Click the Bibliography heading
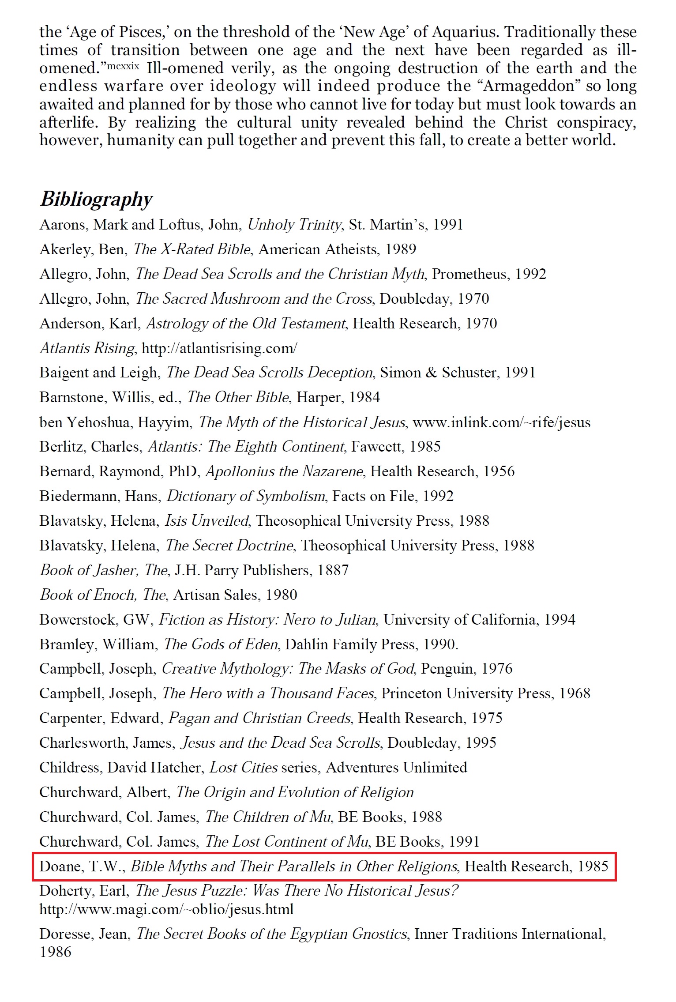[96, 199]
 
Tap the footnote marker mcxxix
[123, 67]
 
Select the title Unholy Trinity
[294, 225]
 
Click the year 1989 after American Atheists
[400, 249]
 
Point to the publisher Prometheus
[469, 274]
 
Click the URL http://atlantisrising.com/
[219, 348]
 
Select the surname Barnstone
[71, 397]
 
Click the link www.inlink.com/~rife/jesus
[501, 422]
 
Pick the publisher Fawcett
[376, 447]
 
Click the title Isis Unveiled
[207, 521]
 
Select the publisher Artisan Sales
[215, 595]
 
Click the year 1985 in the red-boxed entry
[593, 866]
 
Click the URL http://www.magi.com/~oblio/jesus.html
[166, 909]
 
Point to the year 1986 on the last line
[55, 952]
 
